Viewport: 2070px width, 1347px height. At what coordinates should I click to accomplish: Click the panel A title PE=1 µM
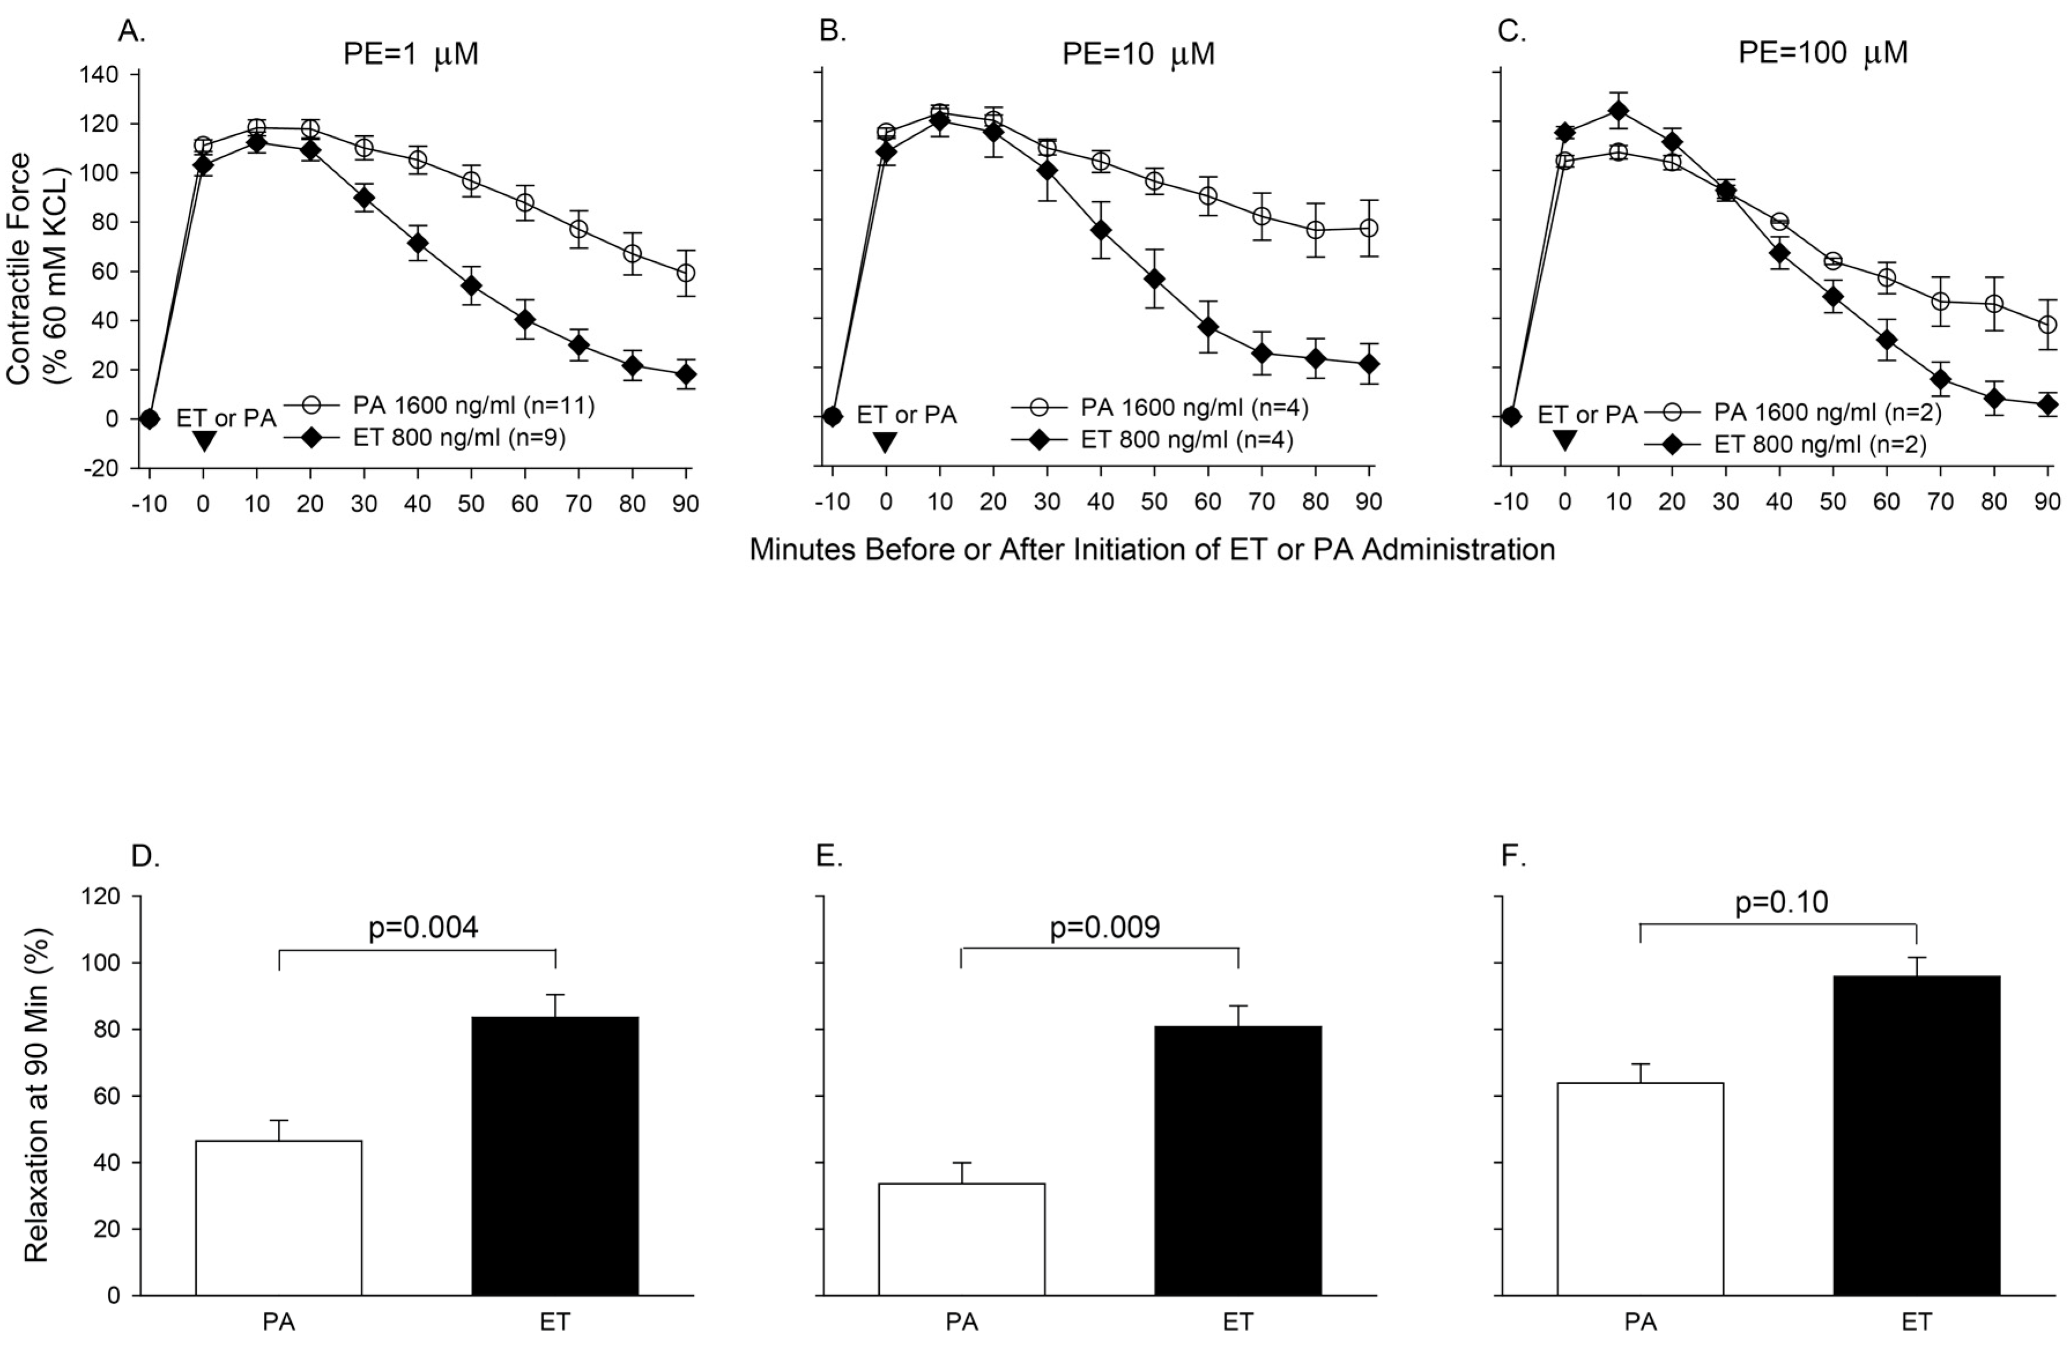click(x=411, y=54)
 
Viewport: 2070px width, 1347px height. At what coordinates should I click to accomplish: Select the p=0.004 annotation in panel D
click(x=423, y=927)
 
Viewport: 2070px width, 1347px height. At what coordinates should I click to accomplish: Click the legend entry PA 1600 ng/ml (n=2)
click(x=1827, y=411)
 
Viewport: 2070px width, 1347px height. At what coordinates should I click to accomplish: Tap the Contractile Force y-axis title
click(x=33, y=270)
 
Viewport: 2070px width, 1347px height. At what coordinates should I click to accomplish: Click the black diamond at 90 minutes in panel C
click(x=2047, y=404)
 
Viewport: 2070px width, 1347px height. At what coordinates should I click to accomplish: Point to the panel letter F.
click(x=1514, y=856)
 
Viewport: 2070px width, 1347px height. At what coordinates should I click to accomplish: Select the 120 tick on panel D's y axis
click(x=101, y=896)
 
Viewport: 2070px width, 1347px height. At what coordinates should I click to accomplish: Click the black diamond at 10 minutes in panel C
click(x=1619, y=110)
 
